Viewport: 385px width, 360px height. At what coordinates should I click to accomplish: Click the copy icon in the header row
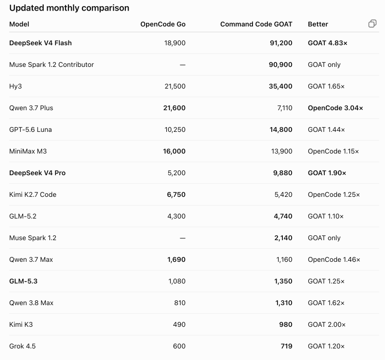(x=372, y=24)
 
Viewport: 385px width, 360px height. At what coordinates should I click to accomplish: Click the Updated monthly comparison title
(x=69, y=8)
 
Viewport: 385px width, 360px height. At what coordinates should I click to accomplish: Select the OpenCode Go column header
(x=163, y=24)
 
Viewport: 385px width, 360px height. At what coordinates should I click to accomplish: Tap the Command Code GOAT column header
(x=256, y=24)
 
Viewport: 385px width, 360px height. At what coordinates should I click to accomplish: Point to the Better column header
(x=318, y=24)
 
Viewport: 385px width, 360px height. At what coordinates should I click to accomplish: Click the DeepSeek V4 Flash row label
(x=40, y=43)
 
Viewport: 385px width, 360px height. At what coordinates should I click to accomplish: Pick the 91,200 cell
(x=281, y=43)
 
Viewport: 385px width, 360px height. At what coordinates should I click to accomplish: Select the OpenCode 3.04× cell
(x=335, y=108)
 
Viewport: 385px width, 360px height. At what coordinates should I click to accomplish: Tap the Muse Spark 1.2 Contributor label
(x=52, y=65)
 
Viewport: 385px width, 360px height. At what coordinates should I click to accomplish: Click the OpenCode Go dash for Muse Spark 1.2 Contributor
(x=183, y=65)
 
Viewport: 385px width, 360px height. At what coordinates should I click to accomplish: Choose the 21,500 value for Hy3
(x=175, y=86)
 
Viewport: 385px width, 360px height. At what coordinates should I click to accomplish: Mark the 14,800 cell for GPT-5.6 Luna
(x=281, y=130)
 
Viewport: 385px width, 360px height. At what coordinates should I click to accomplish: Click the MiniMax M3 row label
(x=28, y=151)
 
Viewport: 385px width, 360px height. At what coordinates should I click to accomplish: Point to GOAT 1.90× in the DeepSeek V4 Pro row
(x=327, y=173)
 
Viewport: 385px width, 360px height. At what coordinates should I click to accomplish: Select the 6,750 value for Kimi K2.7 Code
(x=176, y=195)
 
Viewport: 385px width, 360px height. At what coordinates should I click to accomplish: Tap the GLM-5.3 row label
(x=23, y=281)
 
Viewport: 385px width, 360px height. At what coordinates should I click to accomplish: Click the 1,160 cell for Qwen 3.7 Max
(x=284, y=260)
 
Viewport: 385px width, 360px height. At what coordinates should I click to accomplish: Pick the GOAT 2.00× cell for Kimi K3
(x=327, y=325)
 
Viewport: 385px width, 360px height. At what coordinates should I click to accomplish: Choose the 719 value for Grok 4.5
(x=287, y=346)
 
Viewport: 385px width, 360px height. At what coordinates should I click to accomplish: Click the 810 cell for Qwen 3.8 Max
(x=180, y=303)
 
